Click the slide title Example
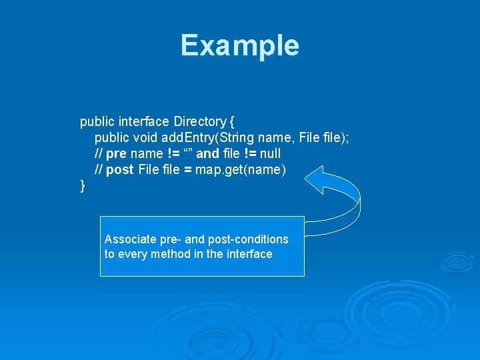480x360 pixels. point(240,46)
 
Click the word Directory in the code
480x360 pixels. point(199,122)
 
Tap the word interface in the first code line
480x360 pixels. point(144,122)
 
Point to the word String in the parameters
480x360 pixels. point(237,138)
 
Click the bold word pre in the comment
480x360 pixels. point(116,154)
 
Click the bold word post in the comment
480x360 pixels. point(119,170)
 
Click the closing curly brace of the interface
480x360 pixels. point(83,186)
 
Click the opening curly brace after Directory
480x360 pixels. point(231,122)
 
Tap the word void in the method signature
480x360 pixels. point(146,138)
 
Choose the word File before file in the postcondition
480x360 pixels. point(149,170)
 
